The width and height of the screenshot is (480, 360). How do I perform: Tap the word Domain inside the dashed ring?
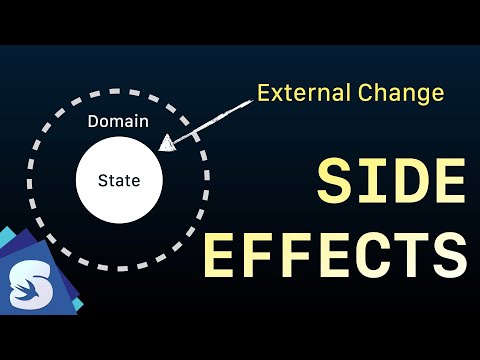118,122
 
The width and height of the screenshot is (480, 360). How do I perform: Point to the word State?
118,181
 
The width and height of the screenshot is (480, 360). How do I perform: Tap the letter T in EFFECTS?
415,255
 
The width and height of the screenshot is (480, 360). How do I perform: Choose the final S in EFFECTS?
451,255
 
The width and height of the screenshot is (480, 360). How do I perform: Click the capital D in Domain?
93,122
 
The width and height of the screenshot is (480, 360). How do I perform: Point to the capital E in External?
262,94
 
